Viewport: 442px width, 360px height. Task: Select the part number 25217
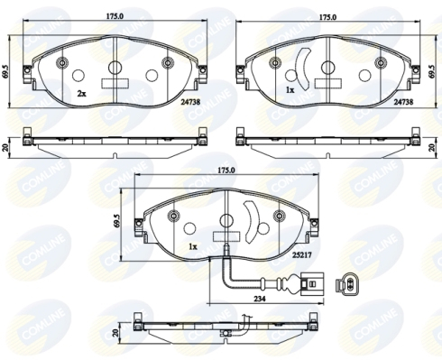click(x=302, y=255)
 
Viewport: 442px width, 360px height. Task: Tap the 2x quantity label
click(x=81, y=94)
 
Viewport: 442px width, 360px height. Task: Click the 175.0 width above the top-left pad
click(x=115, y=16)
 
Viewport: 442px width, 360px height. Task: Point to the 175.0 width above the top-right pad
click(x=327, y=17)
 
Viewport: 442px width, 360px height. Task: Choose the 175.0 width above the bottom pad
click(x=226, y=171)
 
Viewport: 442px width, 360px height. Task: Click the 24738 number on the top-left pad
click(x=190, y=102)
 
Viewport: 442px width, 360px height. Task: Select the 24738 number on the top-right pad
click(x=403, y=102)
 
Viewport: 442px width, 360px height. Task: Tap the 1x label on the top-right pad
click(x=290, y=90)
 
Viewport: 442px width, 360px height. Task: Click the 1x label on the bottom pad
click(x=192, y=246)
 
